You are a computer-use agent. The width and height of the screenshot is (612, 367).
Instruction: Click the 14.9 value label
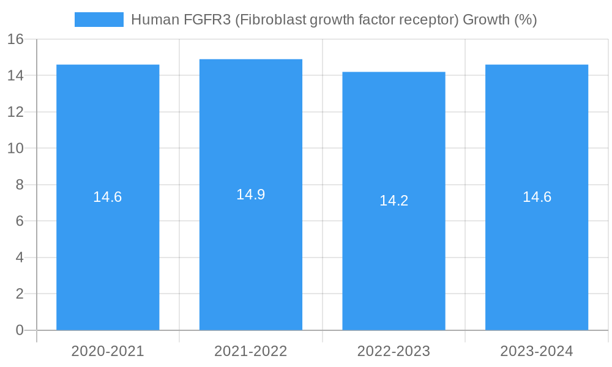(x=251, y=195)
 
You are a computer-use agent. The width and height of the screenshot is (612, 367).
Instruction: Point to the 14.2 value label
(x=394, y=201)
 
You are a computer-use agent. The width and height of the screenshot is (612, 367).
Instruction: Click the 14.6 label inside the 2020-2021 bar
(x=108, y=197)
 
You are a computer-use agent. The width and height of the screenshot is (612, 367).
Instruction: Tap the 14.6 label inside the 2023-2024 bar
(x=537, y=197)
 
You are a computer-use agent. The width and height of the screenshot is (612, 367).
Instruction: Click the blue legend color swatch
(x=99, y=20)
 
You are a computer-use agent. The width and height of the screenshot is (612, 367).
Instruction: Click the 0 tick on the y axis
(x=19, y=330)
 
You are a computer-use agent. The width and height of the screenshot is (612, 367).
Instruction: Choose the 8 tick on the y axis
(x=19, y=185)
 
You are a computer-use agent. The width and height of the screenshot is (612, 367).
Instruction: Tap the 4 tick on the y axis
(x=19, y=258)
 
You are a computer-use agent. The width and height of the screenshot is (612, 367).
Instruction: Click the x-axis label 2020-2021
(x=108, y=351)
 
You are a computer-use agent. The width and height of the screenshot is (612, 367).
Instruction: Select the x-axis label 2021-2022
(x=251, y=351)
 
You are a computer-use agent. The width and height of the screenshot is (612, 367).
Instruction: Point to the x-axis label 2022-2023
(x=394, y=351)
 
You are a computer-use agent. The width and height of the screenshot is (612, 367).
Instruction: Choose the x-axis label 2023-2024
(x=537, y=351)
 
